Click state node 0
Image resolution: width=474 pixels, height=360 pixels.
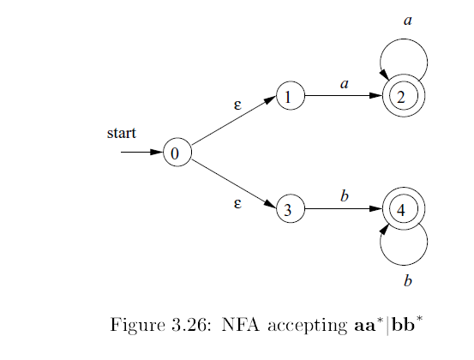point(175,153)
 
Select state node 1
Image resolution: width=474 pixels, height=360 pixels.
point(290,97)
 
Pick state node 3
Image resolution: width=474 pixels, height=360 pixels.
point(290,209)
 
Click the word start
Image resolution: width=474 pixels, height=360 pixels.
point(122,134)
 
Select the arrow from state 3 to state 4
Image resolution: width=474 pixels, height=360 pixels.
point(343,209)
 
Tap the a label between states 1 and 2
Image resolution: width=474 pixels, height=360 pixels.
point(344,84)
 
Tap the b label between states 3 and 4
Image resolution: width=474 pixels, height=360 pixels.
point(344,196)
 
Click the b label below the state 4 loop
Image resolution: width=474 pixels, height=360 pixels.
point(408,280)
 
